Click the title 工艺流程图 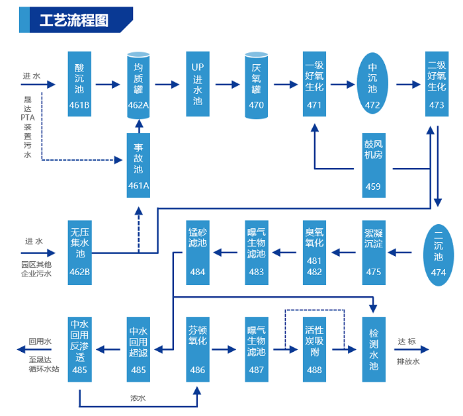click(73, 20)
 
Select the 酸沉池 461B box click(79, 84)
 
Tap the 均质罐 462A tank click(138, 85)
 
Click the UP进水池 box click(197, 84)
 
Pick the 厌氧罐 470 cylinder click(256, 85)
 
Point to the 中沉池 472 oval click(372, 84)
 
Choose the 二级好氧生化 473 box click(437, 84)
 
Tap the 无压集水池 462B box click(79, 253)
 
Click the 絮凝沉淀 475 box click(373, 253)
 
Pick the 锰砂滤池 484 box click(197, 253)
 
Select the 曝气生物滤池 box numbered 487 click(256, 349)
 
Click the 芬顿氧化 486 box click(197, 349)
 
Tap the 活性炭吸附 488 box click(314, 349)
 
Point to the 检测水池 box click(373, 349)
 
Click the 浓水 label click(138, 398)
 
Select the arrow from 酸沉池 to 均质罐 click(108, 85)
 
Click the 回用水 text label click(40, 342)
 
